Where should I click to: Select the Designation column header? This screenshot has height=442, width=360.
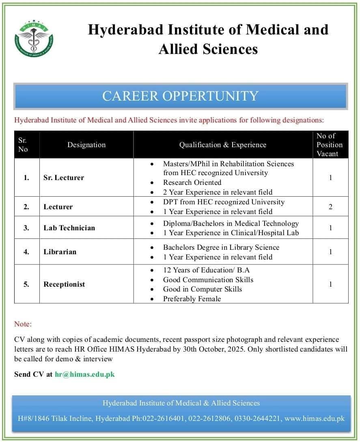86,145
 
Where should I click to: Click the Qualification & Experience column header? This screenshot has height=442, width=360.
223,145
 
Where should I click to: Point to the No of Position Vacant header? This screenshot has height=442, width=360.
330,145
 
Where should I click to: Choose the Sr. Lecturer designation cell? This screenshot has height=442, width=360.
64,178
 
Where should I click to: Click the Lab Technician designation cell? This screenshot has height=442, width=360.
69,228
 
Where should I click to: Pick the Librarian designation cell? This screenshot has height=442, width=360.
60,252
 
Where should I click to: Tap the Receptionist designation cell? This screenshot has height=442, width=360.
64,284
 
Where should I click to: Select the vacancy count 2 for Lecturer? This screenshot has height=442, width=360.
330,207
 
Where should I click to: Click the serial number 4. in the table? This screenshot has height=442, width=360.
26,252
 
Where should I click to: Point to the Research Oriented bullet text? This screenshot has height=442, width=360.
192,182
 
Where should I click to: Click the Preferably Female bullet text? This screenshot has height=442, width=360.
192,299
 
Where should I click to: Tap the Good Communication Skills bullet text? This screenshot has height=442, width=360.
208,280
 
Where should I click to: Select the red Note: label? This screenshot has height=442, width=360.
23,324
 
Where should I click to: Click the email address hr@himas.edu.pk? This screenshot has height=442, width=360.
85,374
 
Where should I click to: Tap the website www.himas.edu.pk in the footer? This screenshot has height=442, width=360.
315,418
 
